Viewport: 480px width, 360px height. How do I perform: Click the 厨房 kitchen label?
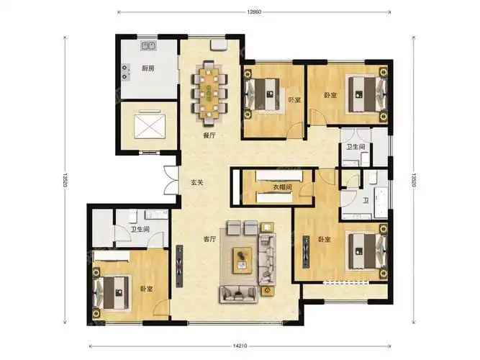point(148,68)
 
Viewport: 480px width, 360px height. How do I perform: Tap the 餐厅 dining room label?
point(209,135)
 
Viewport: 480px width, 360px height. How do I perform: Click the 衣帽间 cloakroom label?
point(282,187)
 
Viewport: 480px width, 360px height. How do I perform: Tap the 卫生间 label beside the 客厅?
point(140,230)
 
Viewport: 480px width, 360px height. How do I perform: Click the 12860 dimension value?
point(252,12)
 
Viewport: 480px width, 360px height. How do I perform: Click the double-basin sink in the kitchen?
point(150,47)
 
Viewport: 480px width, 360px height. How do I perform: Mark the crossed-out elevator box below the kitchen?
point(148,127)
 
